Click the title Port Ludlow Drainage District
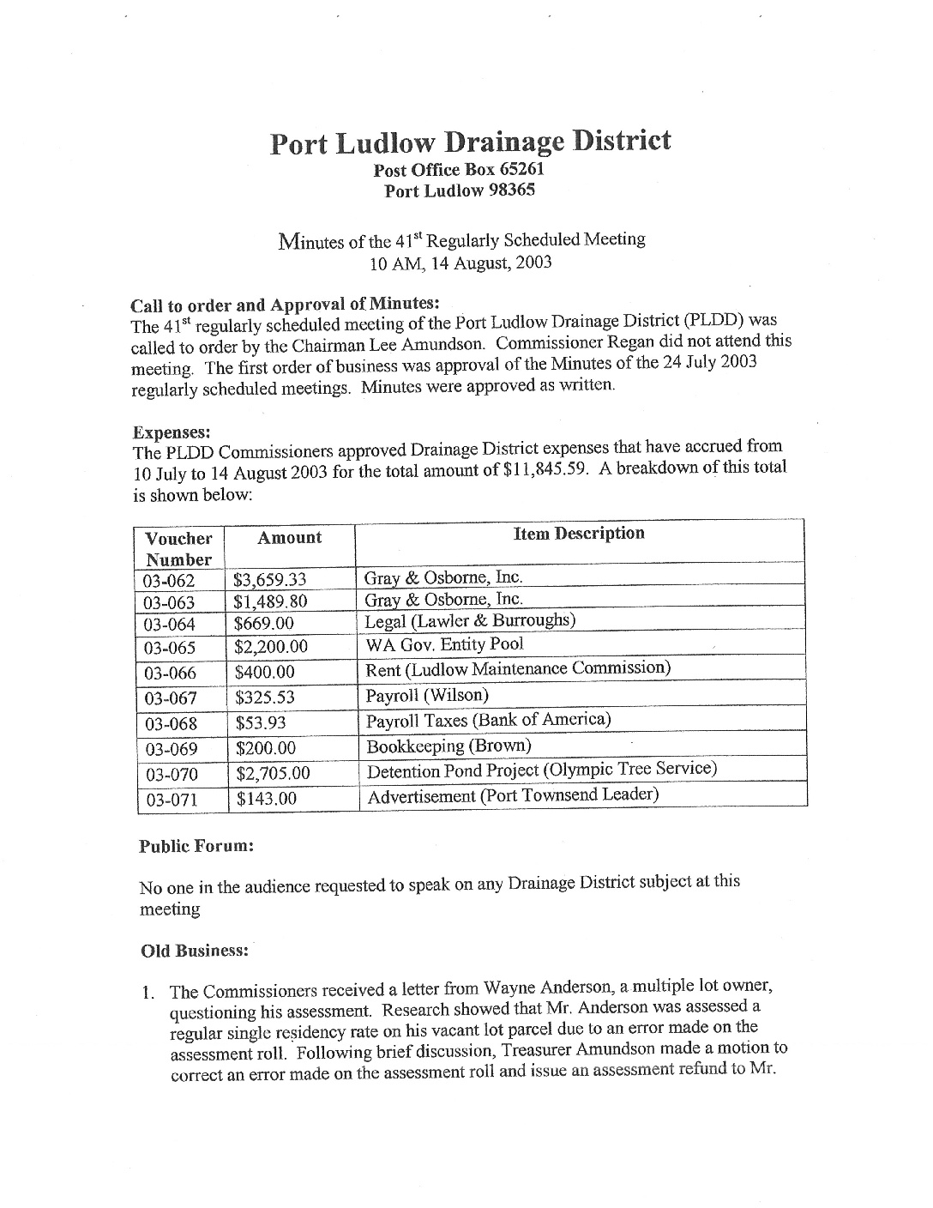click(470, 142)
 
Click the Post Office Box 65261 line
click(459, 170)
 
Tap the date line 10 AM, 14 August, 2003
click(460, 263)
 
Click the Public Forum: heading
click(196, 846)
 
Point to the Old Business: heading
click(195, 951)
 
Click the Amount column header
click(290, 538)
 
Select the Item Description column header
click(579, 534)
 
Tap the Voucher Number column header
click(178, 549)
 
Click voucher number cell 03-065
click(171, 648)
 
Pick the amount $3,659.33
click(270, 581)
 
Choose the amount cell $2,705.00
click(273, 774)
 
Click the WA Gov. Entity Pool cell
click(444, 644)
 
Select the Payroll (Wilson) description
click(427, 695)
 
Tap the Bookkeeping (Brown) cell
click(448, 746)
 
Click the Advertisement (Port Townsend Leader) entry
click(513, 795)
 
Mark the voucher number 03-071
click(172, 800)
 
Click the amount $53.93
click(261, 723)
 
